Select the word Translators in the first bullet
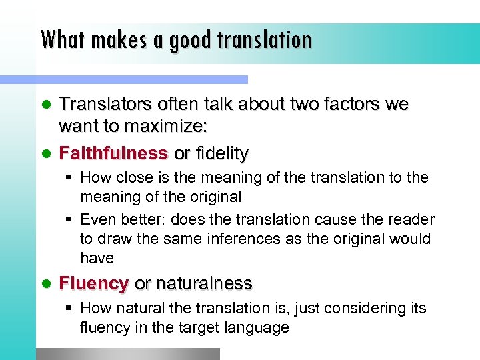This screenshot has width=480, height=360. pyautogui.click(x=107, y=104)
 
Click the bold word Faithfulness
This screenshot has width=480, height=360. pyautogui.click(x=113, y=153)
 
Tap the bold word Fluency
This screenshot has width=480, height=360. pyautogui.click(x=93, y=283)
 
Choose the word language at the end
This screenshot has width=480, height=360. pyautogui.click(x=256, y=327)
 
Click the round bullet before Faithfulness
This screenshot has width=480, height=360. pyautogui.click(x=46, y=154)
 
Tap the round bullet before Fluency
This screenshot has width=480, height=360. pyautogui.click(x=46, y=284)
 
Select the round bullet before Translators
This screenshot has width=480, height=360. pyautogui.click(x=46, y=105)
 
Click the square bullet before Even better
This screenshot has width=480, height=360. pyautogui.click(x=70, y=219)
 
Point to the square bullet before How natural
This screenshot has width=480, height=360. pyautogui.click(x=70, y=308)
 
